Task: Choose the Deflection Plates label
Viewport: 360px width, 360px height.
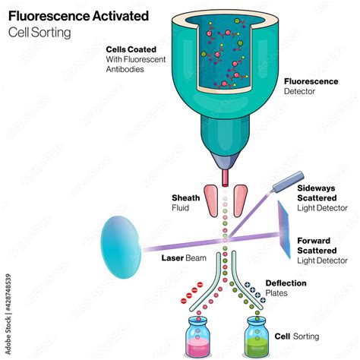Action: [x=286, y=288]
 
